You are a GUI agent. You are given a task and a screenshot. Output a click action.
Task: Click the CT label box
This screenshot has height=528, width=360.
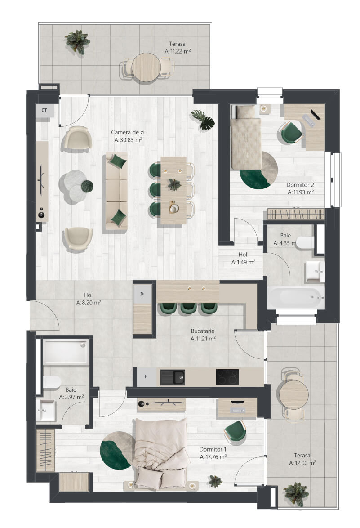44,111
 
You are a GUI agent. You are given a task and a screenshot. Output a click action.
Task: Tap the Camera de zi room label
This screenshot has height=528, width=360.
128,132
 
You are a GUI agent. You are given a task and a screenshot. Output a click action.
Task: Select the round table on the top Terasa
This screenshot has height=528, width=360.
146,67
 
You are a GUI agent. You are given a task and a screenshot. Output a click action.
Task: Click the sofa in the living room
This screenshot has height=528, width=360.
116,191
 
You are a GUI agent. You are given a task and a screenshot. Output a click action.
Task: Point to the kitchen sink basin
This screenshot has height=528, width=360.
179,377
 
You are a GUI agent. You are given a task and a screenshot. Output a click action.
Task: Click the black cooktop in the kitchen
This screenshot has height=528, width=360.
227,377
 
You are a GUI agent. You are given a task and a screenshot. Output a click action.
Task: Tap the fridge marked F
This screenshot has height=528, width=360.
147,377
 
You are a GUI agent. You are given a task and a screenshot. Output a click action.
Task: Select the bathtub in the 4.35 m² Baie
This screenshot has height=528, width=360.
296,298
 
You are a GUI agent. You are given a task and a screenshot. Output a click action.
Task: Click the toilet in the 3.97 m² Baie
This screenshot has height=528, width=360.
51,383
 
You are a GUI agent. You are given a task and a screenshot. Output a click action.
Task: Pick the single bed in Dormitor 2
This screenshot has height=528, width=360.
246,137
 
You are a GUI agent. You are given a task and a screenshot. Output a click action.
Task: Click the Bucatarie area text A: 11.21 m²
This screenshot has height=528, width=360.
203,339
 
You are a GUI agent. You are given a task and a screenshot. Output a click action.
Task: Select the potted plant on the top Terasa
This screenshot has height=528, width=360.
77,42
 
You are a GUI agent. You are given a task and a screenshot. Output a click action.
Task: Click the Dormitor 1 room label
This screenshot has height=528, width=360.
213,449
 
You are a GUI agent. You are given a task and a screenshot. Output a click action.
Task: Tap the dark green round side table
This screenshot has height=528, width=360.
87,186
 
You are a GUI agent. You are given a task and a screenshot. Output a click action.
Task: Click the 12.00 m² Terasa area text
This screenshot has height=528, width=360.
302,463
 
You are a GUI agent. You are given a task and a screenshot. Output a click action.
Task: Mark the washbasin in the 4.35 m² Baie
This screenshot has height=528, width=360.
315,272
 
